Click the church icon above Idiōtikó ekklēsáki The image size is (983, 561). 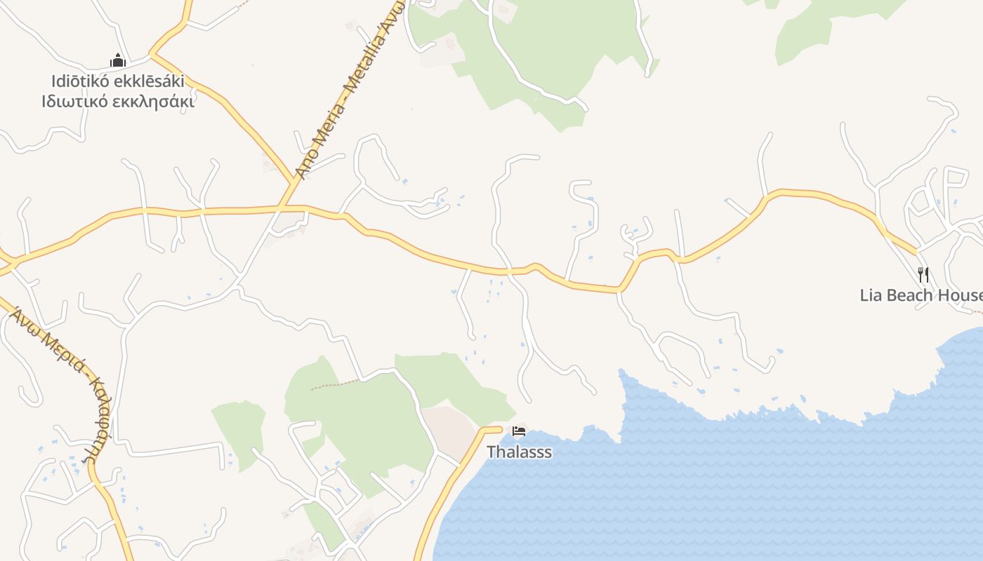pos(117,60)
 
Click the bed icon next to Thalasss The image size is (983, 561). pos(519,431)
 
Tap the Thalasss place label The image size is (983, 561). pos(520,452)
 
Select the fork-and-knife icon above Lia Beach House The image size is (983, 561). pos(923,274)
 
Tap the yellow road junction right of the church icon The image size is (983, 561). pos(152,54)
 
